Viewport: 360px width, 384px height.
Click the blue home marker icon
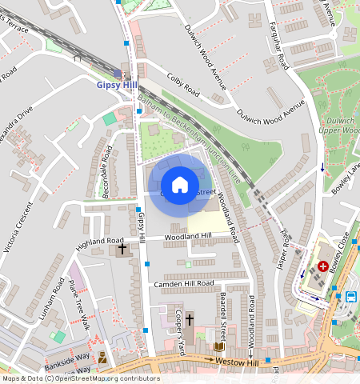180,185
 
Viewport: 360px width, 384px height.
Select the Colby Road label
183,85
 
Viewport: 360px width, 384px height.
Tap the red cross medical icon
323,266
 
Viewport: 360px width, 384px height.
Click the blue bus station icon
350,296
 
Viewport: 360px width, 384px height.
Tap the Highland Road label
100,241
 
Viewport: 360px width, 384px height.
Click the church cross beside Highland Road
122,250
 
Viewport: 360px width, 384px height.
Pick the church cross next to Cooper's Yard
190,319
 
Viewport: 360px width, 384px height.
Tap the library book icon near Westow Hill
218,346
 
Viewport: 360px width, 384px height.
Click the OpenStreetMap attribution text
80,378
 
